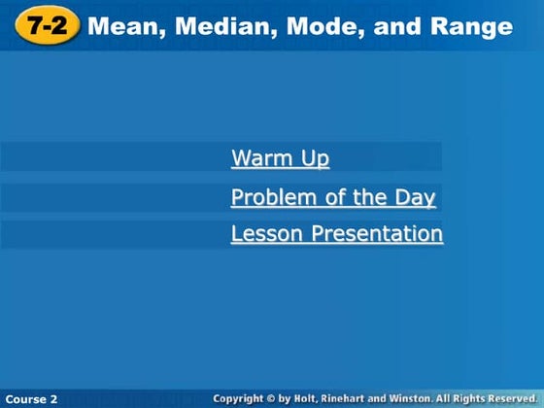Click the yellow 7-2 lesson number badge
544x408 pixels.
pos(46,26)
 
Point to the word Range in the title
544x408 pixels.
pos(470,26)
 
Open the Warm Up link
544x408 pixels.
pos(280,158)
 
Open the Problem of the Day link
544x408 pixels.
pos(332,198)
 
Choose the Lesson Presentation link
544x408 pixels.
pos(336,234)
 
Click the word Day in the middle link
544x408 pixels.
pos(415,198)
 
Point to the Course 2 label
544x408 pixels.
pos(31,399)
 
